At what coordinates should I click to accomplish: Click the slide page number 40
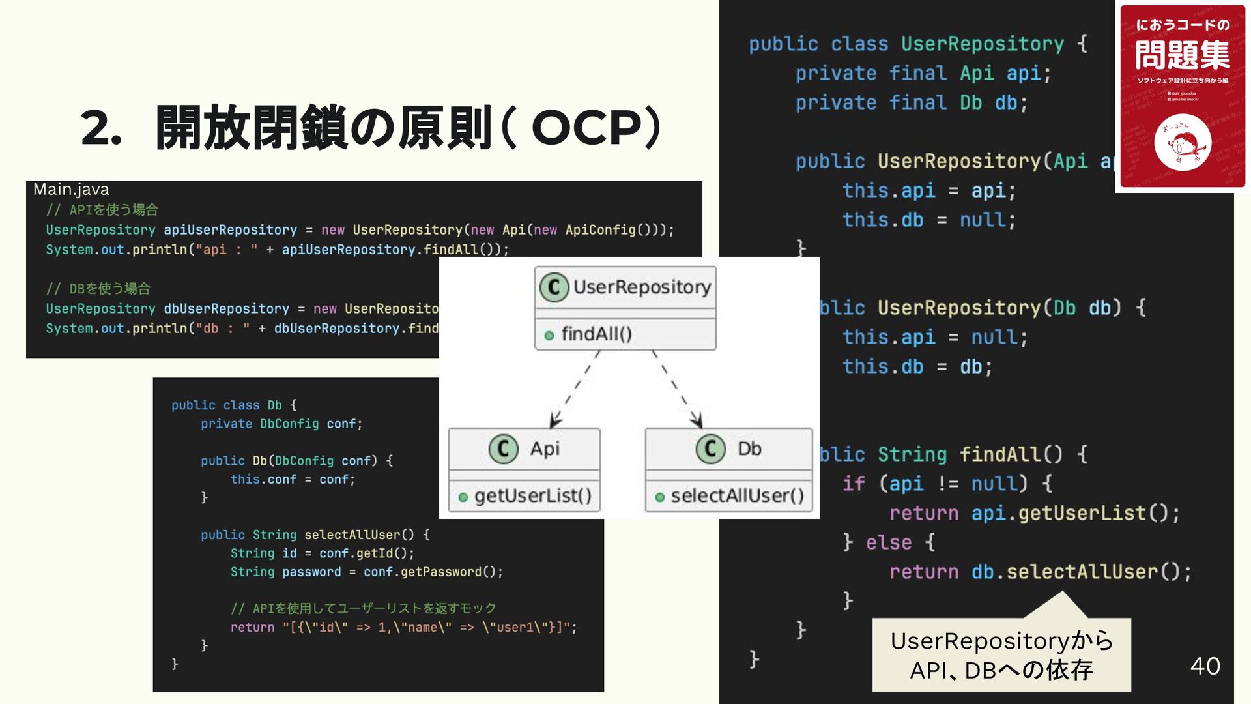coord(1205,666)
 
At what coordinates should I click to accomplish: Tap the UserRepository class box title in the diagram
coord(625,287)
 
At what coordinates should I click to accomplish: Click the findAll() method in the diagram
coord(596,334)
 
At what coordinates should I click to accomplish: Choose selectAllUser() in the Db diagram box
coord(737,496)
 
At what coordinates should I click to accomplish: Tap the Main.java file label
coord(71,190)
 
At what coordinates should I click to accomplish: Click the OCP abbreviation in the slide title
coord(586,128)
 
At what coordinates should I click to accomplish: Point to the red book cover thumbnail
coord(1182,96)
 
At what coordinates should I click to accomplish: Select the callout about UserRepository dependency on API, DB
coord(1001,655)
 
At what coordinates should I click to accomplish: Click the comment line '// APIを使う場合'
coord(102,210)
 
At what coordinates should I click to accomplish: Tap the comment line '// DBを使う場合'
coord(98,289)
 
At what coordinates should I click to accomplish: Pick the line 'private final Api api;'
coord(923,74)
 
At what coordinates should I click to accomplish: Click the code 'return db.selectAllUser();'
coord(1040,572)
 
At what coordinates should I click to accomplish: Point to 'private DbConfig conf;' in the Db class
coord(281,424)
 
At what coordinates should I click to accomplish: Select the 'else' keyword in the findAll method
coord(888,542)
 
